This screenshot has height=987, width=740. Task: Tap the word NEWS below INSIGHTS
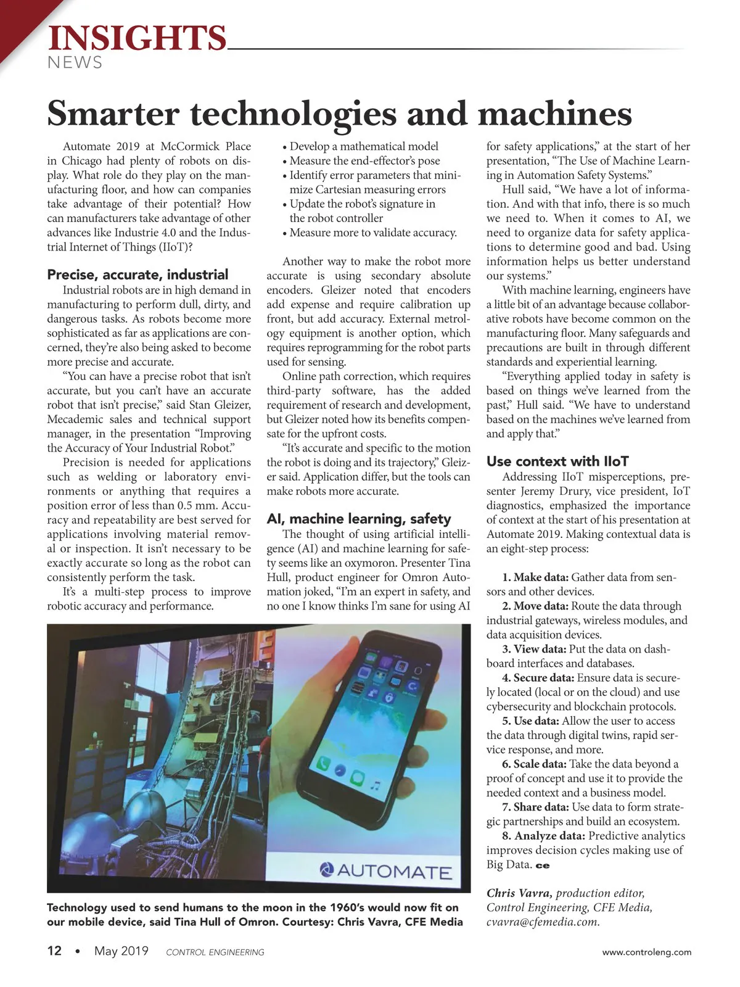75,63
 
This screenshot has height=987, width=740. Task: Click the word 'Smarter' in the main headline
113,114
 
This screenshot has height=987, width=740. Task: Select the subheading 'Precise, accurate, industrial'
138,275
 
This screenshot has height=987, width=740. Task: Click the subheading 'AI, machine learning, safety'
359,519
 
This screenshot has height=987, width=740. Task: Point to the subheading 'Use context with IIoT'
557,461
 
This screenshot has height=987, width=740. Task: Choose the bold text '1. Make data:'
535,577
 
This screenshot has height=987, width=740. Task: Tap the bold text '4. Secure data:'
538,678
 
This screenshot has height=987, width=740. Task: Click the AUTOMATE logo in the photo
386,871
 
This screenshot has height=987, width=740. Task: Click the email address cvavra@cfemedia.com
543,922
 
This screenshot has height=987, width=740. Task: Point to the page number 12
54,951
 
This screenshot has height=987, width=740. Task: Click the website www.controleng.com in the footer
646,952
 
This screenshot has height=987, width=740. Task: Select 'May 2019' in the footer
121,951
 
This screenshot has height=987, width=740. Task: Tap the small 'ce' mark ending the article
543,865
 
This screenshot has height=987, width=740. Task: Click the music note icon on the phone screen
374,785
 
